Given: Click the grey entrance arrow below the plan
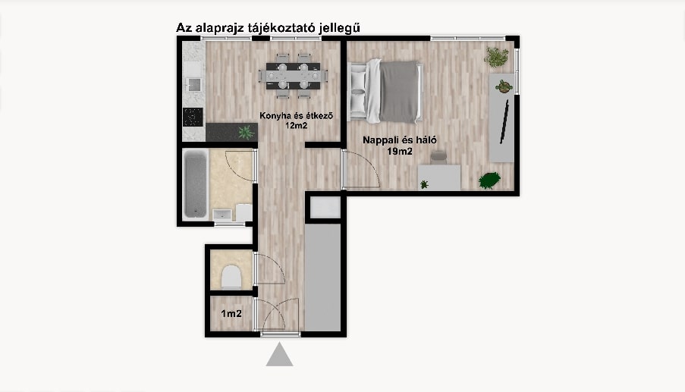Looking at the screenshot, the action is [x=280, y=354].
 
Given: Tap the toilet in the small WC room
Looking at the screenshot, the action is [x=231, y=277].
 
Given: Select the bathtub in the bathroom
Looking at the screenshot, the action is [x=195, y=183].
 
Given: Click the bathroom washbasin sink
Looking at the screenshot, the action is [x=222, y=215].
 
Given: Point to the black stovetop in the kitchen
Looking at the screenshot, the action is [x=193, y=117].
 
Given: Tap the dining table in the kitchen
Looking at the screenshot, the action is [x=293, y=76].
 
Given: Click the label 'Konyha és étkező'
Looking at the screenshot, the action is [x=296, y=116].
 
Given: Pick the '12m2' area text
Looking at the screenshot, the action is [x=296, y=126].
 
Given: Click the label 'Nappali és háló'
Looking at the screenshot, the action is [x=400, y=140].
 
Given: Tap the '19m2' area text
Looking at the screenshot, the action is [x=400, y=152].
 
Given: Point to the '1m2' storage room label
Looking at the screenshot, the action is [x=231, y=313].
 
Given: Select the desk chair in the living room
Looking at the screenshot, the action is [x=438, y=157].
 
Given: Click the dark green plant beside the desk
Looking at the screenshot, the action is [x=489, y=180].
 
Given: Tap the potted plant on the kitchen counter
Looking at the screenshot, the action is [x=246, y=132].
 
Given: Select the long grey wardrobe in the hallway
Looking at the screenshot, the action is [x=322, y=278].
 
